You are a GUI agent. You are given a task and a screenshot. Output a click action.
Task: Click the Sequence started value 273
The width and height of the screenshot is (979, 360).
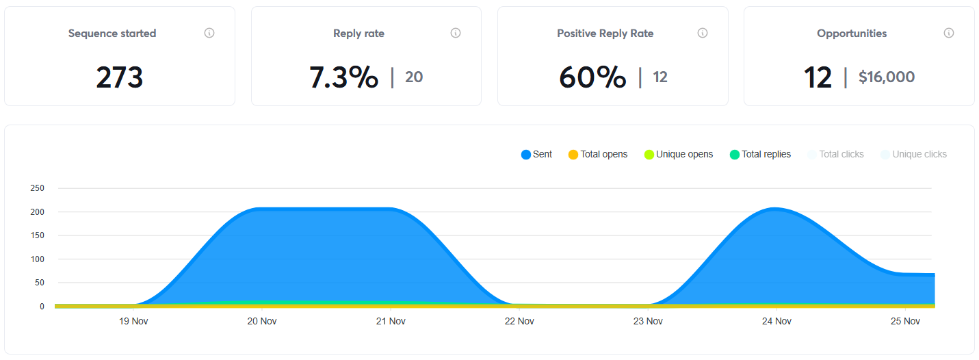tap(120, 77)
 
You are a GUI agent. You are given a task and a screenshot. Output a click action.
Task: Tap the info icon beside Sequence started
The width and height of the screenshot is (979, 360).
tap(209, 33)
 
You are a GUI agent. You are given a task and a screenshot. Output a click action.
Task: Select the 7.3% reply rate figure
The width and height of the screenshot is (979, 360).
tap(343, 77)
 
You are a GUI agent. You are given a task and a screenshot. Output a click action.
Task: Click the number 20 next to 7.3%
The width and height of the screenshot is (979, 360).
tap(414, 77)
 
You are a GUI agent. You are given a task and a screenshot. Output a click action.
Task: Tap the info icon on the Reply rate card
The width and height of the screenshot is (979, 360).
tap(456, 33)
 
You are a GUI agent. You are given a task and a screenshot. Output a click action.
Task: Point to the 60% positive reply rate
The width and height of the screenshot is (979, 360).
tap(592, 77)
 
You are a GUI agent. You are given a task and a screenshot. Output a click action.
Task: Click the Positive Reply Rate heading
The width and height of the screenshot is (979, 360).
tap(605, 34)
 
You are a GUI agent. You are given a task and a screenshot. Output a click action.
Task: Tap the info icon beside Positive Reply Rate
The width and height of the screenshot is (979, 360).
tap(702, 33)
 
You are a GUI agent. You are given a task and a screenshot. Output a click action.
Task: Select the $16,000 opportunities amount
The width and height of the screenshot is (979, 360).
tap(887, 77)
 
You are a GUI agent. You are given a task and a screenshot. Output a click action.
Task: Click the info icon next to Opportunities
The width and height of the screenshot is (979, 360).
tap(949, 33)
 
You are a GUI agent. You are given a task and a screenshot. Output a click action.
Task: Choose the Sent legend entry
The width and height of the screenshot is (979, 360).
tap(537, 155)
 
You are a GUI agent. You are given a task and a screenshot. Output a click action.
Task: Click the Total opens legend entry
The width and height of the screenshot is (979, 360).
tap(598, 155)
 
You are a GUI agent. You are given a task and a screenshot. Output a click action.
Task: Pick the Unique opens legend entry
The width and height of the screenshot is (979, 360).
tap(679, 155)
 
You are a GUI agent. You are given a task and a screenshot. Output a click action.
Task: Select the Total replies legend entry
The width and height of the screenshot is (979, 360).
tap(760, 155)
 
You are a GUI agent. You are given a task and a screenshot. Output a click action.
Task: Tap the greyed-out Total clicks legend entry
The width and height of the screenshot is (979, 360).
tap(836, 155)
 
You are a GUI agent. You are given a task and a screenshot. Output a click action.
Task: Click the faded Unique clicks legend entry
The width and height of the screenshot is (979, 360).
tap(913, 155)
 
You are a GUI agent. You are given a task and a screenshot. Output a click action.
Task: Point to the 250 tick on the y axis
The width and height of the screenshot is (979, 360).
tap(37, 188)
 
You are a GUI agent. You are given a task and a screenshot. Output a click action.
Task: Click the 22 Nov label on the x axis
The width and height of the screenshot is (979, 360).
tap(519, 321)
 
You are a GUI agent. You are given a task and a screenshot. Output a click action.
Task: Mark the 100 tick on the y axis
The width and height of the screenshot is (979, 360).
tap(37, 259)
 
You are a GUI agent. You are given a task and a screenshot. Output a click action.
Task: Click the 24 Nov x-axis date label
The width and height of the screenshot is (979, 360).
tap(776, 321)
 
